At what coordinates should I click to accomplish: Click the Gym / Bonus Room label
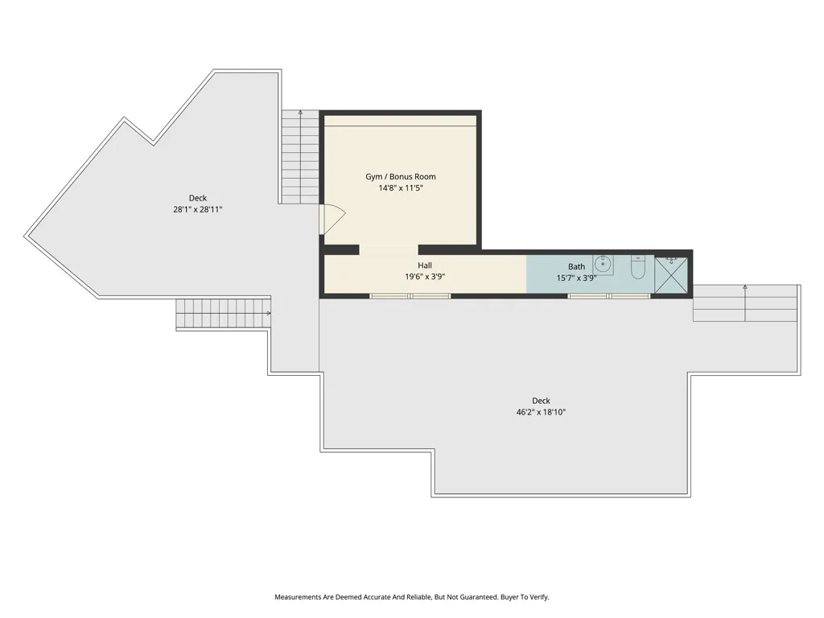[x=401, y=176]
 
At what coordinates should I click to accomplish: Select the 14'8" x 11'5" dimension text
[x=401, y=188]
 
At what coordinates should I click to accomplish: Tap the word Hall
[x=425, y=266]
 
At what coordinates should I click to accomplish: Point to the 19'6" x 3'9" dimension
[x=425, y=278]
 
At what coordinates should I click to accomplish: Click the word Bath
[x=576, y=266]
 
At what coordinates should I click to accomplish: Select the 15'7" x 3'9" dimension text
[x=576, y=278]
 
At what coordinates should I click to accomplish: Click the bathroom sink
[x=604, y=264]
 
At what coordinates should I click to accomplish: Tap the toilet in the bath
[x=638, y=267]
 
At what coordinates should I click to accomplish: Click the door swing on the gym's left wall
[x=332, y=219]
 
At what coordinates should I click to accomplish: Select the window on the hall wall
[x=410, y=296]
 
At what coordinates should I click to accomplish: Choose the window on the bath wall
[x=608, y=296]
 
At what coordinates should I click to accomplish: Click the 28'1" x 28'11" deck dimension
[x=198, y=209]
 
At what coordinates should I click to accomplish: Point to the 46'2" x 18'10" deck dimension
[x=541, y=412]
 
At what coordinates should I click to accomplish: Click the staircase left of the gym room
[x=300, y=157]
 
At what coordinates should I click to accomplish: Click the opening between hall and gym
[x=389, y=249]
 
